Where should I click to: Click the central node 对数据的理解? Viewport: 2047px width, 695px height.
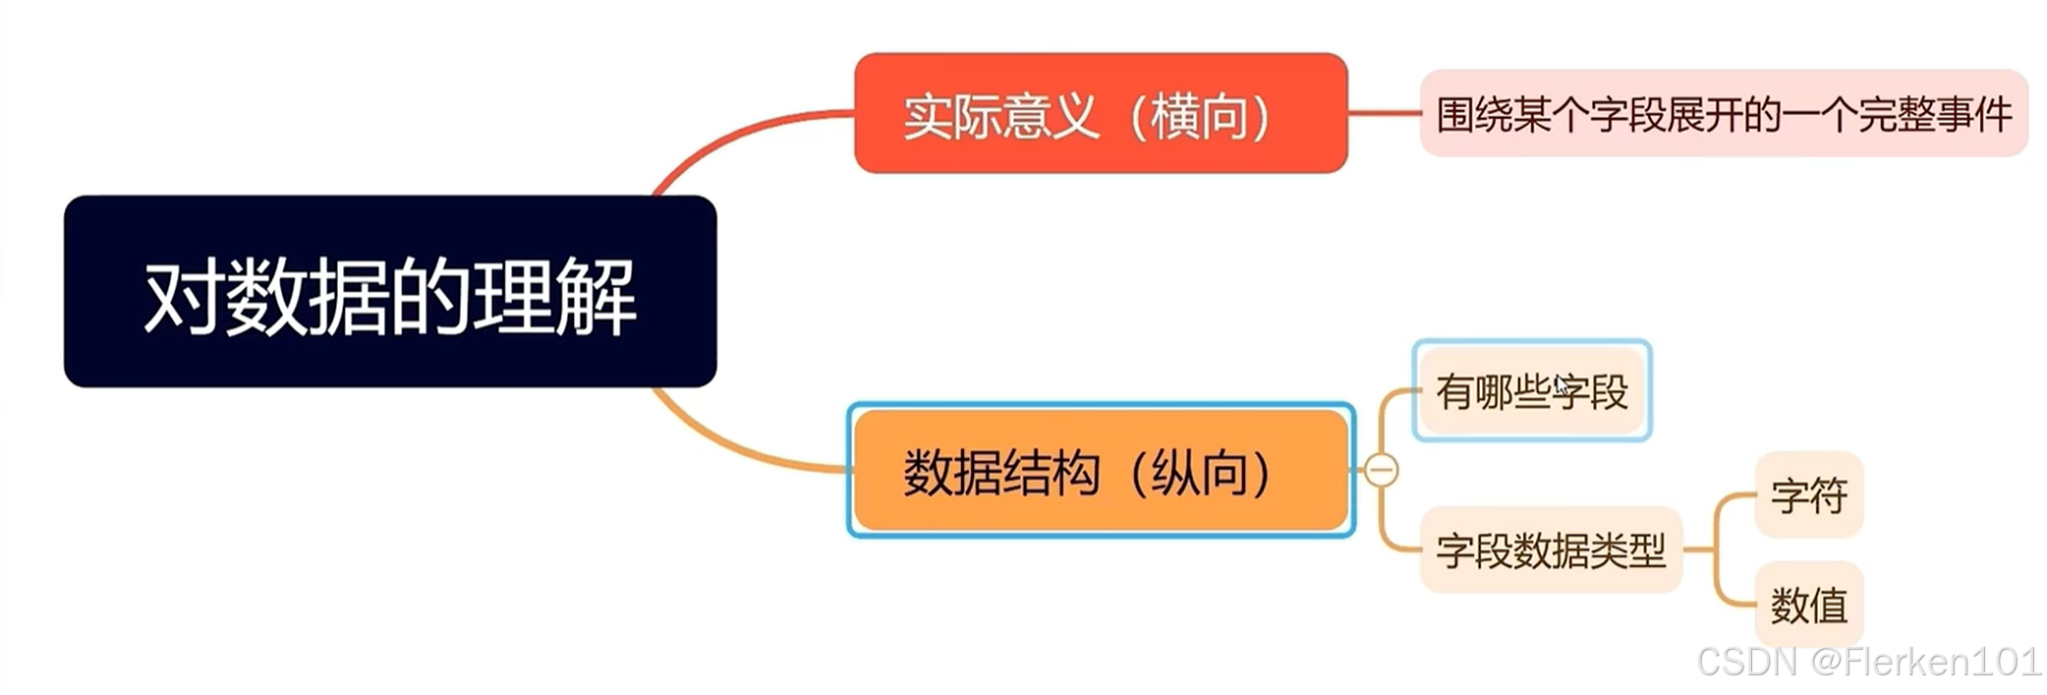390,291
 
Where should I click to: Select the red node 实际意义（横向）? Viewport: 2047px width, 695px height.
1100,114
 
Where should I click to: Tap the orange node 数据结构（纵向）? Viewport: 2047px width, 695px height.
1100,471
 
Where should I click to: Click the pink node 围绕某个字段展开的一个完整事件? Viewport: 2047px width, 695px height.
1724,114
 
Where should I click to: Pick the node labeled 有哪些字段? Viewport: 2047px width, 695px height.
1531,391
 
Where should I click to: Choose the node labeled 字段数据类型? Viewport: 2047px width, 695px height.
1551,550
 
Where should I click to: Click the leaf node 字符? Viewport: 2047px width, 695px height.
1808,494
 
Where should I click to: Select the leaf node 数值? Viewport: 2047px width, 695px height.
1808,605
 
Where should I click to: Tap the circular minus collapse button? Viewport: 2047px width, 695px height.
1381,471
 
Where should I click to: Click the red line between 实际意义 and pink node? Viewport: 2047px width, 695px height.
1384,113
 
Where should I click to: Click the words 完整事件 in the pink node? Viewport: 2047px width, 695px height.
1934,115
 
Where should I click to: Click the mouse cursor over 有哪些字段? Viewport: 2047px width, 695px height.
1562,384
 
